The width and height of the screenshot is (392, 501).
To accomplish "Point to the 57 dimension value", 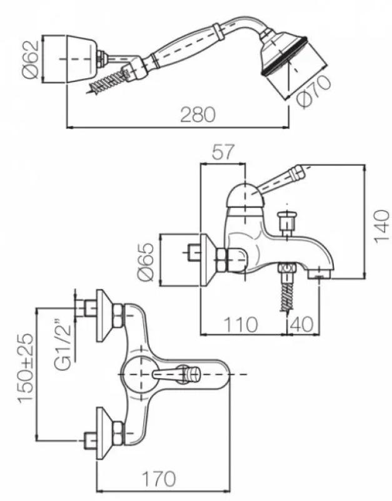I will pos(223,152).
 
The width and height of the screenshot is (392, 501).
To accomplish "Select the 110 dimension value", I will pos(241,324).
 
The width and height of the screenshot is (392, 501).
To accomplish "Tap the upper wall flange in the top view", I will pos(108,316).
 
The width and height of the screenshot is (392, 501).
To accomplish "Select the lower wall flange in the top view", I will pos(108,433).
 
